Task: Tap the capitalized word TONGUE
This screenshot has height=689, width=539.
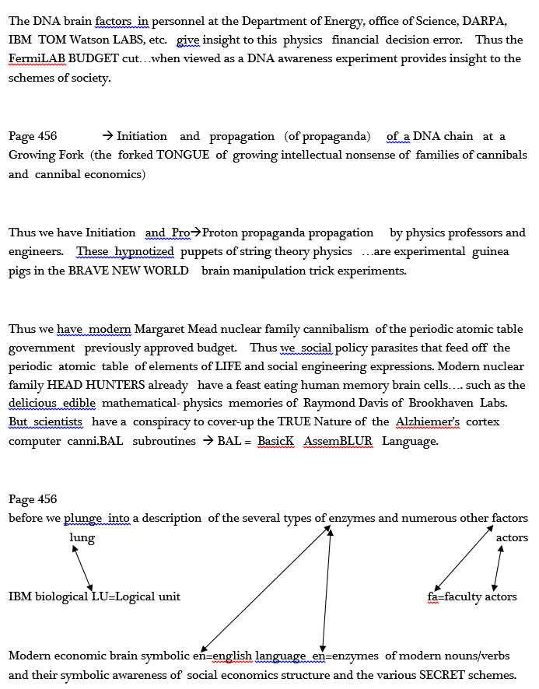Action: pyautogui.click(x=183, y=155)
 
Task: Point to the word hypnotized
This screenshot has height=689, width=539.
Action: pyautogui.click(x=145, y=251)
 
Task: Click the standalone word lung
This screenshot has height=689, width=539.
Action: pyautogui.click(x=82, y=537)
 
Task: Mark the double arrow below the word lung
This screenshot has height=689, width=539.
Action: pyautogui.click(x=82, y=568)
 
